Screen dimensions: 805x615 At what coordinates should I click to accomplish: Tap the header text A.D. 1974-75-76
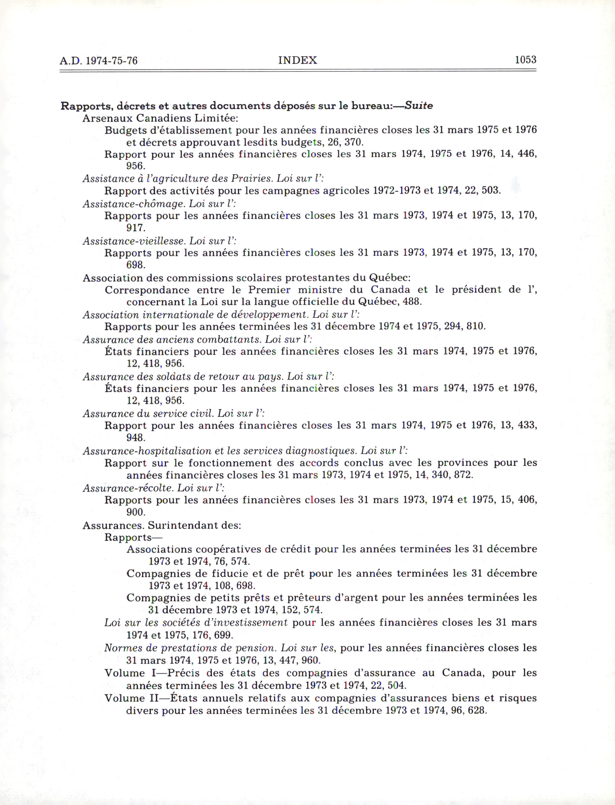point(98,60)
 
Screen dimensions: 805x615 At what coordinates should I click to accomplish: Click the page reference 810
point(476,326)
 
